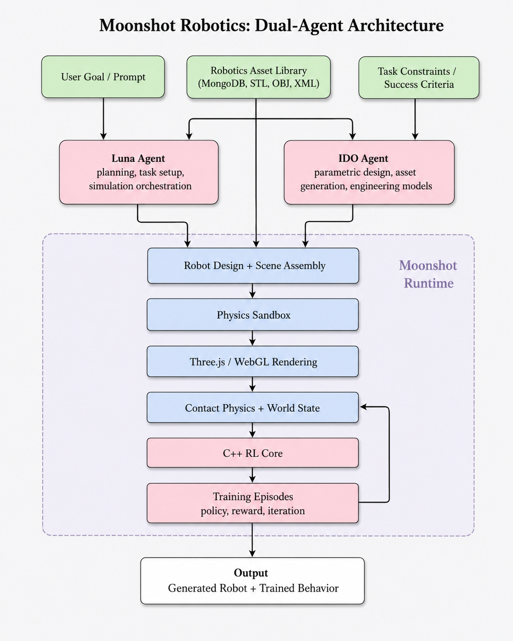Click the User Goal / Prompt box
tap(103, 77)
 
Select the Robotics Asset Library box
tap(259, 77)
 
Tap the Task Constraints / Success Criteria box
tap(419, 78)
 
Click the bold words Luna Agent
tap(138, 159)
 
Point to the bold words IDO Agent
tap(363, 159)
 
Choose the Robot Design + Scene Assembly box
tap(253, 266)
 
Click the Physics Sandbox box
tap(253, 315)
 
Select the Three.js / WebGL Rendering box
tap(253, 362)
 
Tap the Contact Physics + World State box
tap(253, 407)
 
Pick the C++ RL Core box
tap(253, 453)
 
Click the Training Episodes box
tap(253, 503)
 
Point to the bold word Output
tap(251, 573)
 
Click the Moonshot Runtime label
tap(428, 274)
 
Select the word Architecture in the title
tap(395, 25)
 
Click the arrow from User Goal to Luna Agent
tap(103, 119)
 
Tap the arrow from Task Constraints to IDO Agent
tap(415, 119)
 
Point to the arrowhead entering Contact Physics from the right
tap(363, 406)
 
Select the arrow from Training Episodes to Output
tap(252, 540)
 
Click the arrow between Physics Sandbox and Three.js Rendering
tap(252, 338)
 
